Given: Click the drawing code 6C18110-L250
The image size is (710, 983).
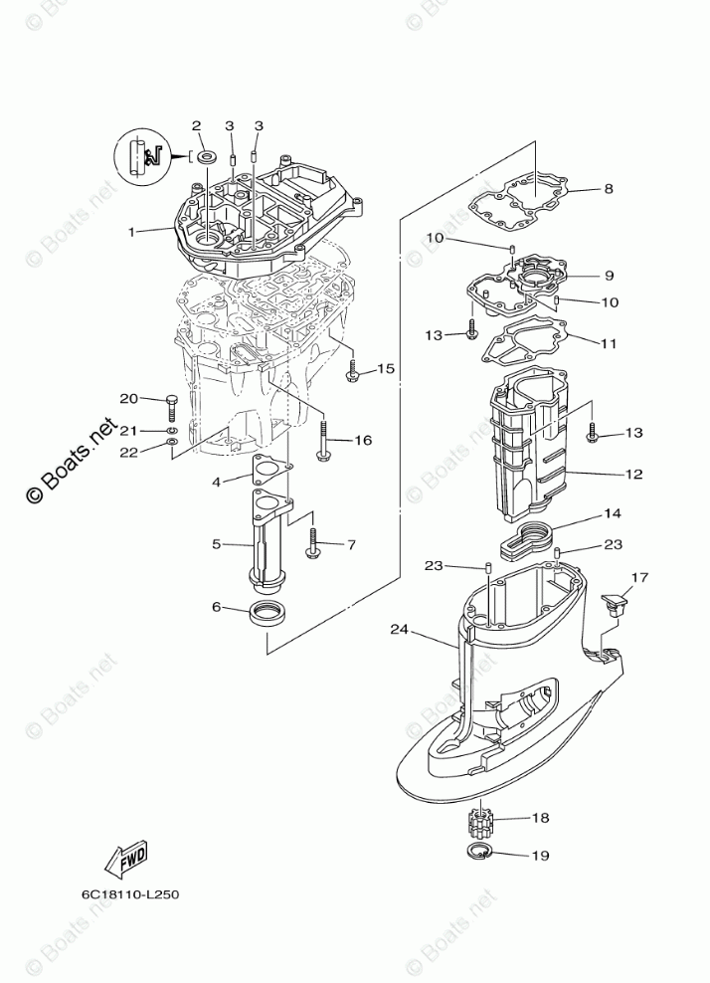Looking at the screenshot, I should pos(130,892).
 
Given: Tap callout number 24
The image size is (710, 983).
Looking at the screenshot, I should pos(400,629).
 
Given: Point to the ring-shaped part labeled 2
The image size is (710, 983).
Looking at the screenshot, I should pos(208,157).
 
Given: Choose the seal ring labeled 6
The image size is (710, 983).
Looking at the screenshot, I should pos(266,612).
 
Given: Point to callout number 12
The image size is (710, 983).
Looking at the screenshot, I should pos(634,474).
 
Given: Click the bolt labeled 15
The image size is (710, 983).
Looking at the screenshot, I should pos(352,373).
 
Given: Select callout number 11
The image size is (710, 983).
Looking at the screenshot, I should pos(609,343).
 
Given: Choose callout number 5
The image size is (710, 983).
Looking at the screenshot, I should pos(216,545).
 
